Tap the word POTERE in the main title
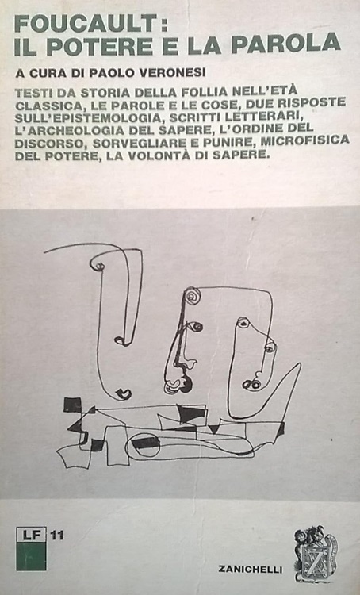[100, 46]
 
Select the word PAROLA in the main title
[285, 43]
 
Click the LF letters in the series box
[31, 535]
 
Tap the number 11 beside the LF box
[57, 535]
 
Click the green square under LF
[31, 556]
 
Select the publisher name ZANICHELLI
[250, 569]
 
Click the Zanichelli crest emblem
[316, 554]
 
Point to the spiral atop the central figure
[193, 295]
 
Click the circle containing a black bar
[143, 443]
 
